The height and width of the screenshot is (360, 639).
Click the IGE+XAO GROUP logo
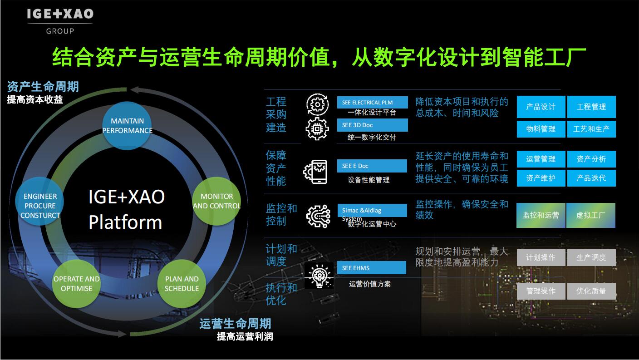(60, 22)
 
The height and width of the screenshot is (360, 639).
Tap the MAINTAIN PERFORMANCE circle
(127, 126)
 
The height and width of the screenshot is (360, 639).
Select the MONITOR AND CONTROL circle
(216, 201)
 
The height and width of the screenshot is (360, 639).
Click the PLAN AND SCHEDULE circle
(182, 284)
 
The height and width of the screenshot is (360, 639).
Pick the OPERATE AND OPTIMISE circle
(76, 284)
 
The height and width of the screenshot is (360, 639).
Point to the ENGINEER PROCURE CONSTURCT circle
(39, 201)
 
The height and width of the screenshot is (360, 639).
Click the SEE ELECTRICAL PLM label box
(372, 103)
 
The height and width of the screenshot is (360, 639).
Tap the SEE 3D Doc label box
(372, 125)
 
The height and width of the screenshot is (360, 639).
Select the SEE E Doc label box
(372, 166)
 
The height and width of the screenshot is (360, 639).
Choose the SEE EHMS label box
(371, 268)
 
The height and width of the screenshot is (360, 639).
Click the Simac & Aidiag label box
(372, 211)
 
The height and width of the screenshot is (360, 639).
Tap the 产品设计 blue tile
(541, 107)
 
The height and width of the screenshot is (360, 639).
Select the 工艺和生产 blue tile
(591, 129)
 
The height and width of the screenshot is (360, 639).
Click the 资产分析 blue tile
(591, 159)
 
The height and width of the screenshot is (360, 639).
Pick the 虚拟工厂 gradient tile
(590, 215)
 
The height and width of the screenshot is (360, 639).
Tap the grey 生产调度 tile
(591, 257)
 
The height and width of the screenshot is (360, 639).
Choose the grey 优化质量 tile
(591, 291)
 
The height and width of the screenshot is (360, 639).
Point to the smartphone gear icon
(315, 172)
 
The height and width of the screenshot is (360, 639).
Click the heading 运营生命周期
(235, 324)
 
